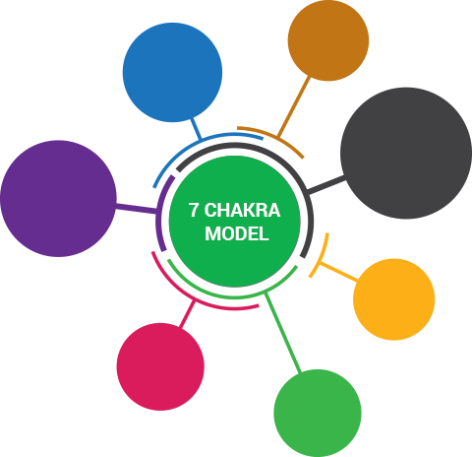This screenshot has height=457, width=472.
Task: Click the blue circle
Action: [172, 72]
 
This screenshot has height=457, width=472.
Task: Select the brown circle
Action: [328, 40]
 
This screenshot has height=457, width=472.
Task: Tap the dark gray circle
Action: [406, 153]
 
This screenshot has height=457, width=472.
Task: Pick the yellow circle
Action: [394, 299]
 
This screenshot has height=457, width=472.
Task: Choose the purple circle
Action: [58, 198]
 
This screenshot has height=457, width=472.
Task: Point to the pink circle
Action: [160, 366]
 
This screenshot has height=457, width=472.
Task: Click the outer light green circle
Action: [318, 413]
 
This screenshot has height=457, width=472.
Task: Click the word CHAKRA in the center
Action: [242, 210]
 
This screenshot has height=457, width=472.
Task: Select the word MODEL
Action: [237, 233]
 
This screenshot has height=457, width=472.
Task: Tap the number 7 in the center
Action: [194, 210]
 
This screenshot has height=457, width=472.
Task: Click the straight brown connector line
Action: [293, 106]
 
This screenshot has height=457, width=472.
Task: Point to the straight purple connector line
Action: [137, 209]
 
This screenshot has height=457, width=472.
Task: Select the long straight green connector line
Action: [283, 333]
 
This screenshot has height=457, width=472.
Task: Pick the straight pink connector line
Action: [187, 314]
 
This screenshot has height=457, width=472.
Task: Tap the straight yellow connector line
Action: [339, 272]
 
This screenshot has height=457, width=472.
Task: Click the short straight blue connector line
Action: [196, 129]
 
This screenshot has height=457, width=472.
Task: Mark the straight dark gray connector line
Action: [326, 184]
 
